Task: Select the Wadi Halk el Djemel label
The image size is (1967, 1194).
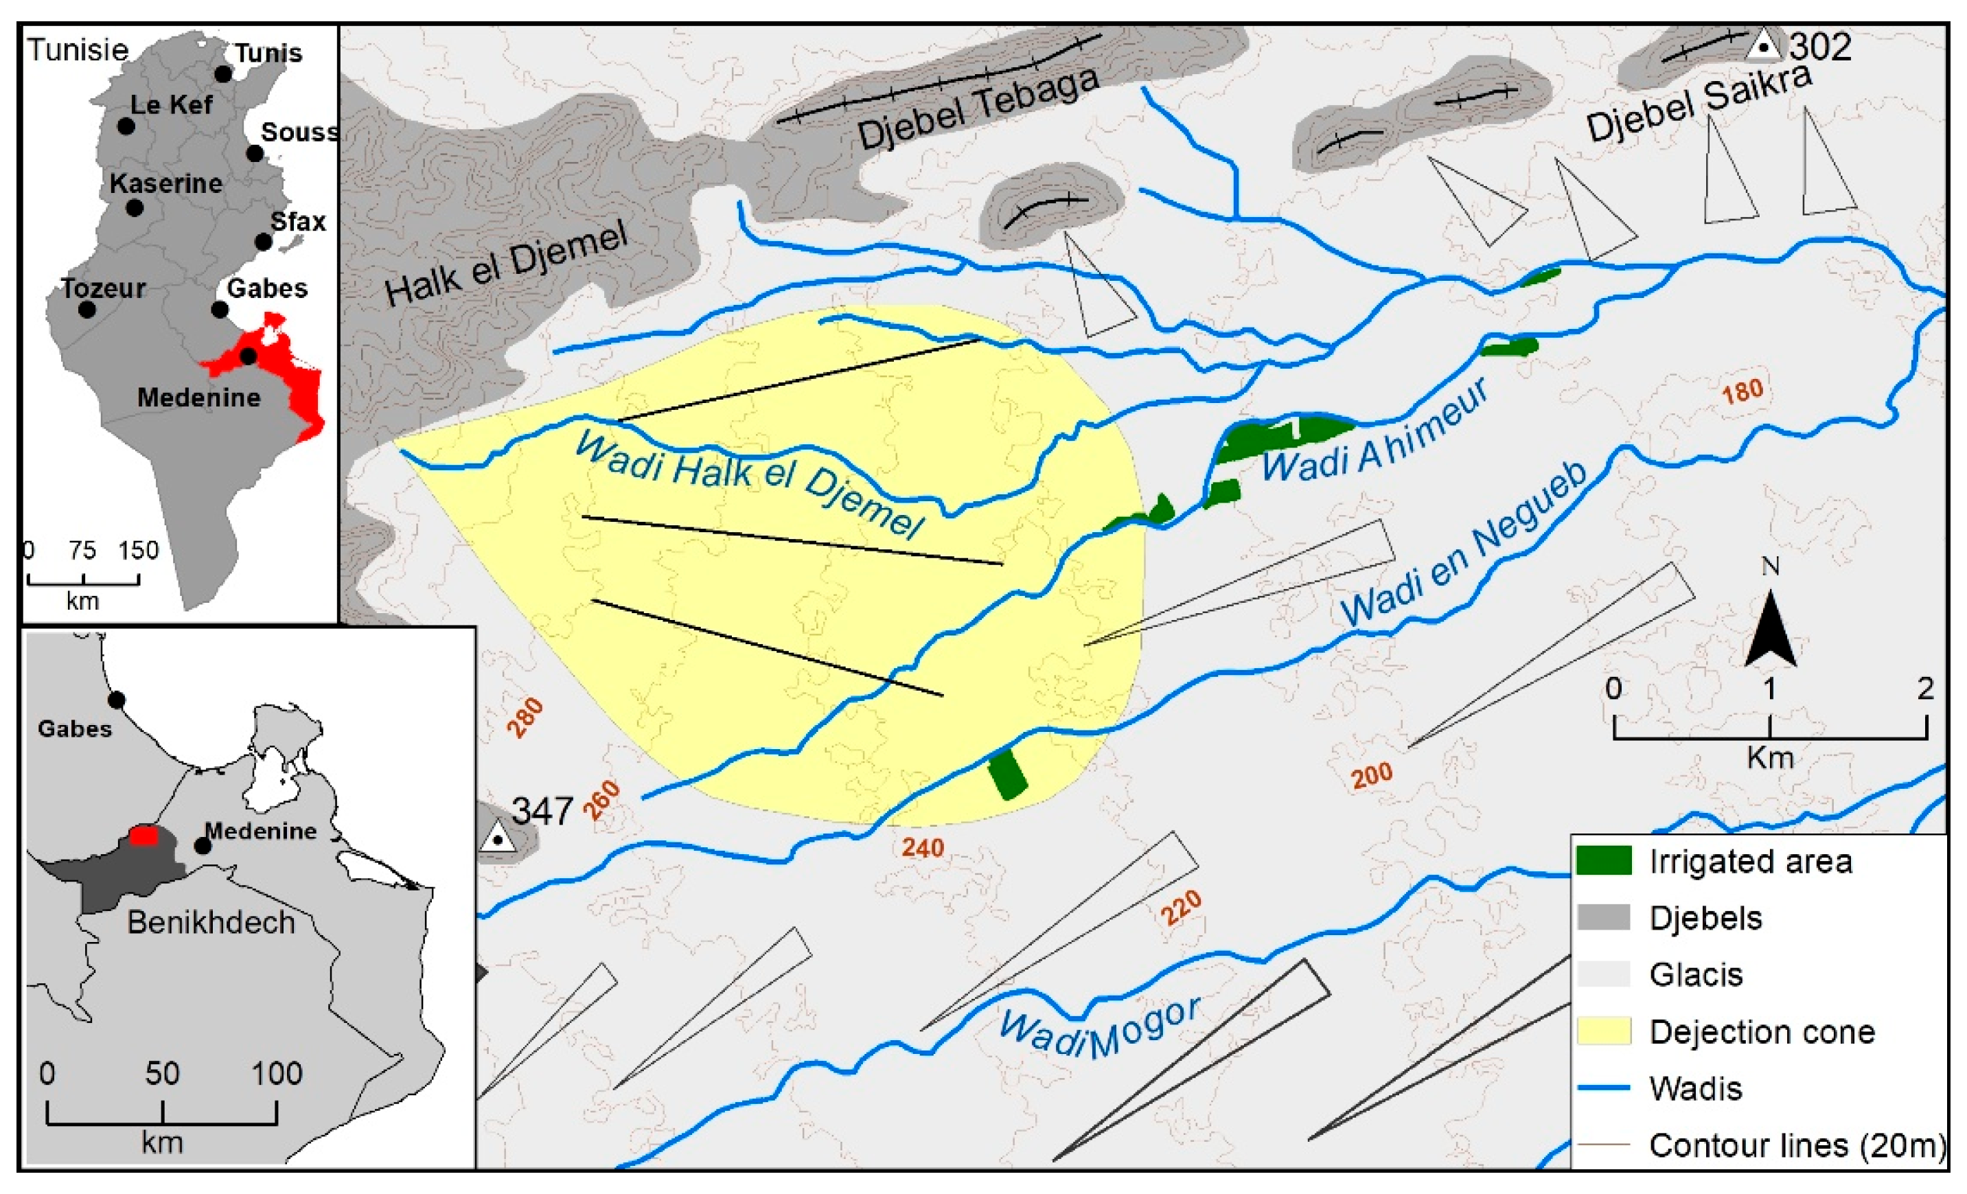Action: pyautogui.click(x=749, y=483)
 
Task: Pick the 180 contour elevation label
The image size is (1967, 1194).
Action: pyautogui.click(x=1742, y=392)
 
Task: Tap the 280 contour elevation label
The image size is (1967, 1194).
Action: pyautogui.click(x=525, y=717)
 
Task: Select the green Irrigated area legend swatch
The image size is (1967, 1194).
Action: pyautogui.click(x=1604, y=861)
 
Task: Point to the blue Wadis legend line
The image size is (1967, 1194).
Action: pyautogui.click(x=1604, y=1087)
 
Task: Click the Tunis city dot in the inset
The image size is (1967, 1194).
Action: pyautogui.click(x=224, y=74)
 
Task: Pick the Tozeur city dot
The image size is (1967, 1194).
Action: pyautogui.click(x=87, y=310)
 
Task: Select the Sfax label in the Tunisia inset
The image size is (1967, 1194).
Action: pyautogui.click(x=298, y=221)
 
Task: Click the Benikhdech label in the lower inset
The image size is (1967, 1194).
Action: pyautogui.click(x=211, y=922)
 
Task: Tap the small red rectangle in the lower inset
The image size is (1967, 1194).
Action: pyautogui.click(x=143, y=835)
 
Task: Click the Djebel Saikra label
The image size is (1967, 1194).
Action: pyautogui.click(x=1699, y=104)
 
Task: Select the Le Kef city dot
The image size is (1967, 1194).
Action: pyautogui.click(x=126, y=126)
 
